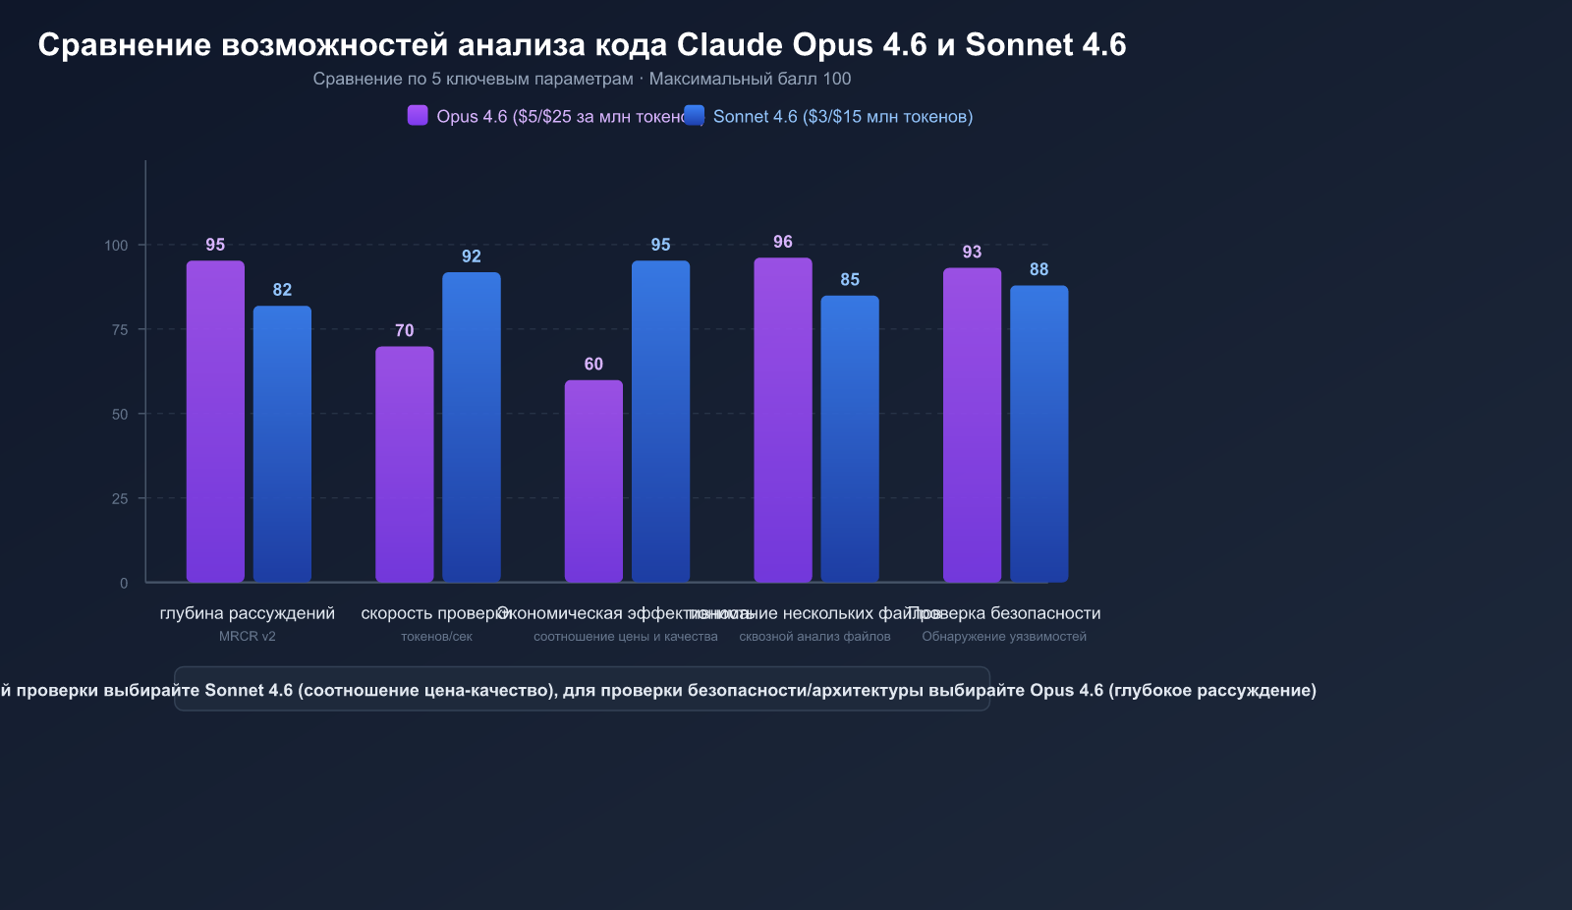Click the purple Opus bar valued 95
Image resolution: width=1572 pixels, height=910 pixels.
(215, 422)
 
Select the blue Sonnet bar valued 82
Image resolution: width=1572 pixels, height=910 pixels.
(282, 444)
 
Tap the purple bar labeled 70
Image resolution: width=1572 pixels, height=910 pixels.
(404, 464)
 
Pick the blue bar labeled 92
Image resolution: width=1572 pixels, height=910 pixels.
(472, 427)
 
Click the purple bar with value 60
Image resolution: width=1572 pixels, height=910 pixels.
(593, 482)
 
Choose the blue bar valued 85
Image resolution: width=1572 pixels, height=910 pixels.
(850, 439)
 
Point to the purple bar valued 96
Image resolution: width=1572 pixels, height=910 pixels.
(783, 420)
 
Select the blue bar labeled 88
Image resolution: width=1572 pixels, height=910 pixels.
(1039, 434)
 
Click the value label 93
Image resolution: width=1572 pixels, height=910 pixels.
(972, 252)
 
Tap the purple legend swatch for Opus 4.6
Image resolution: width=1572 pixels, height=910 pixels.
(418, 116)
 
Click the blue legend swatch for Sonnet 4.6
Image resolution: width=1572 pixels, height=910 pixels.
(695, 116)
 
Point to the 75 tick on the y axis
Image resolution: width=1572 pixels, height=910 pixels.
(120, 330)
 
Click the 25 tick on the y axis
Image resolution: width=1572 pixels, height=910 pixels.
(120, 499)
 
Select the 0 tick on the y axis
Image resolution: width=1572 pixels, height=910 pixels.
(124, 584)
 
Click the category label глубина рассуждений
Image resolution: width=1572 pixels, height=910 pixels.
(247, 613)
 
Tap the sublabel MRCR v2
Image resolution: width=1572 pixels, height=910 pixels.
(247, 637)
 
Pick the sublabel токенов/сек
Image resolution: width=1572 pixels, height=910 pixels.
(436, 637)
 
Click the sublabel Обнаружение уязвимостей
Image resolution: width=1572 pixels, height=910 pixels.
(1004, 637)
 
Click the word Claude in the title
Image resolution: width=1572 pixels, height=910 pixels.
(729, 44)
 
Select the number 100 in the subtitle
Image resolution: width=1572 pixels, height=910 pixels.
(837, 79)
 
